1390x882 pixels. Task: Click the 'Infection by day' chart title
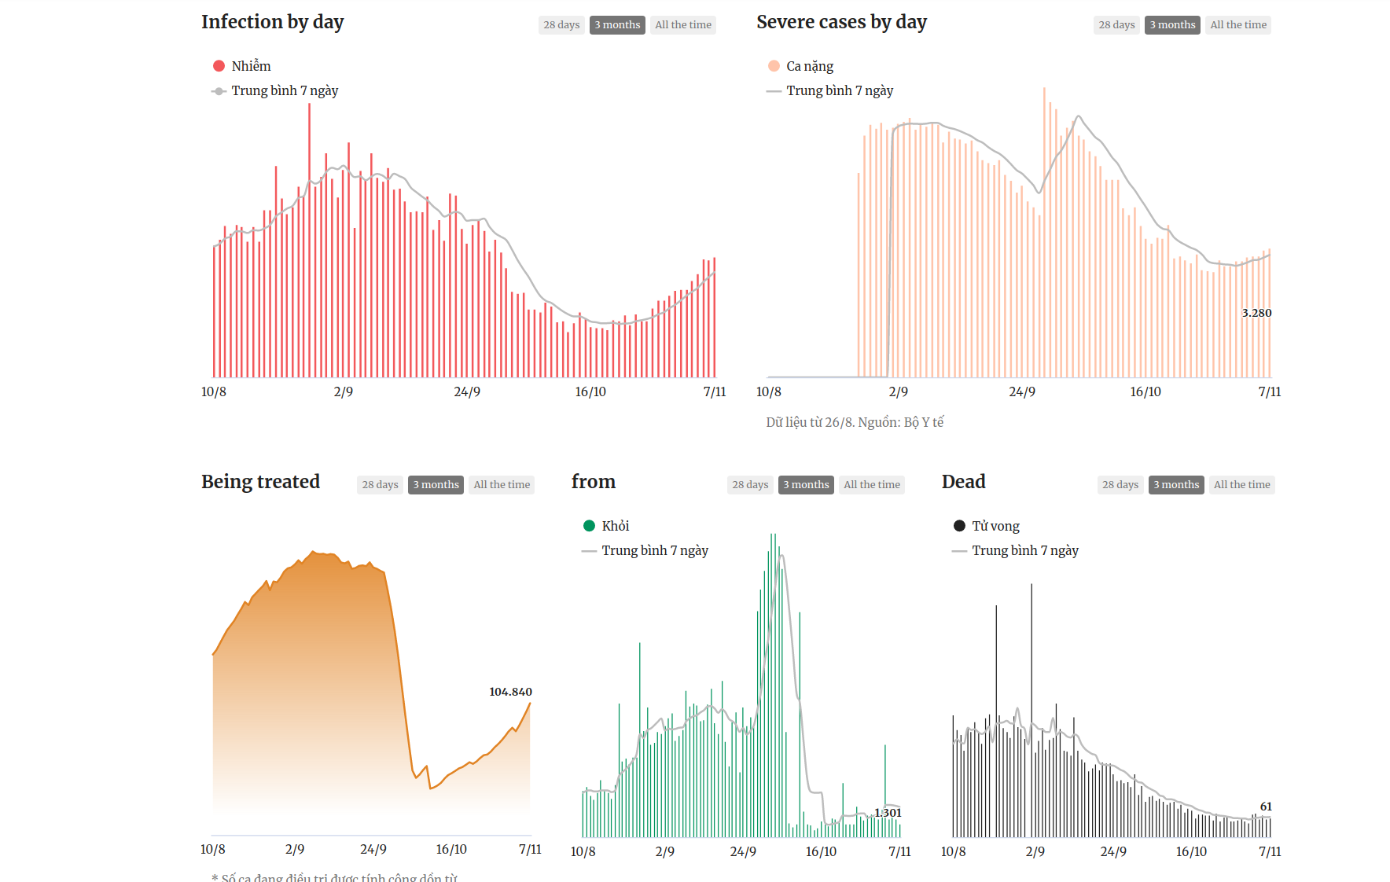272,22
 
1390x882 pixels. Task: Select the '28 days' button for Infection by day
561,25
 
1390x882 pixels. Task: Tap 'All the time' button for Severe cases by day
1238,25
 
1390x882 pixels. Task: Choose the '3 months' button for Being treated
436,485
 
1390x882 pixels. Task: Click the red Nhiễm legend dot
219,66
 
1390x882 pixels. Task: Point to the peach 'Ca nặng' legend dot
774,66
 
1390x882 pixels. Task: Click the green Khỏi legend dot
590,526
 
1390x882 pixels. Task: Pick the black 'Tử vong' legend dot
960,526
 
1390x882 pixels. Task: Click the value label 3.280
1256,313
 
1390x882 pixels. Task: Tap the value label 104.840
510,692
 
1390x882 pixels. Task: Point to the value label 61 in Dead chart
1266,807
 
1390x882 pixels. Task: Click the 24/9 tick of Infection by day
467,391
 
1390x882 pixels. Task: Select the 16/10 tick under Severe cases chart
1145,391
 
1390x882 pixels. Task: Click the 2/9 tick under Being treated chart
295,849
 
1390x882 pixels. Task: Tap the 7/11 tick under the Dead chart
1270,851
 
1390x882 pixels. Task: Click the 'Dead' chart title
963,482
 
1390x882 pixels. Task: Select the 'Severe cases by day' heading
841,22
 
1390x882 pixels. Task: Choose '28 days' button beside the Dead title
1120,485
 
